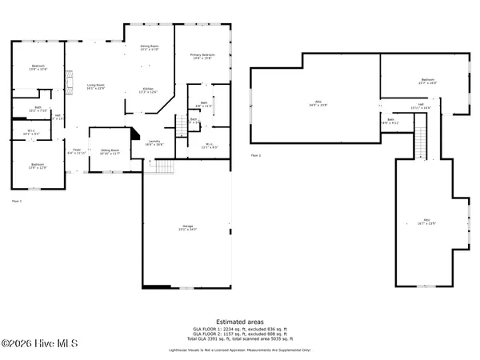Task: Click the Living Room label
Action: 96,86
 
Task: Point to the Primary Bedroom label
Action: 202,56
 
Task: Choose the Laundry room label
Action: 154,143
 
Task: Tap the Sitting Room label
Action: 110,151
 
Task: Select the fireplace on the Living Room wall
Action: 70,83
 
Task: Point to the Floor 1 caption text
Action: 17,201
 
